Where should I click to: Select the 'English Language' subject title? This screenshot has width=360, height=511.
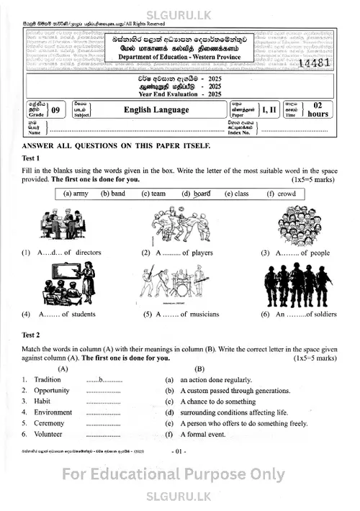156,110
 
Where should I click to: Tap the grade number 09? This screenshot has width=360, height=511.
55,110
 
